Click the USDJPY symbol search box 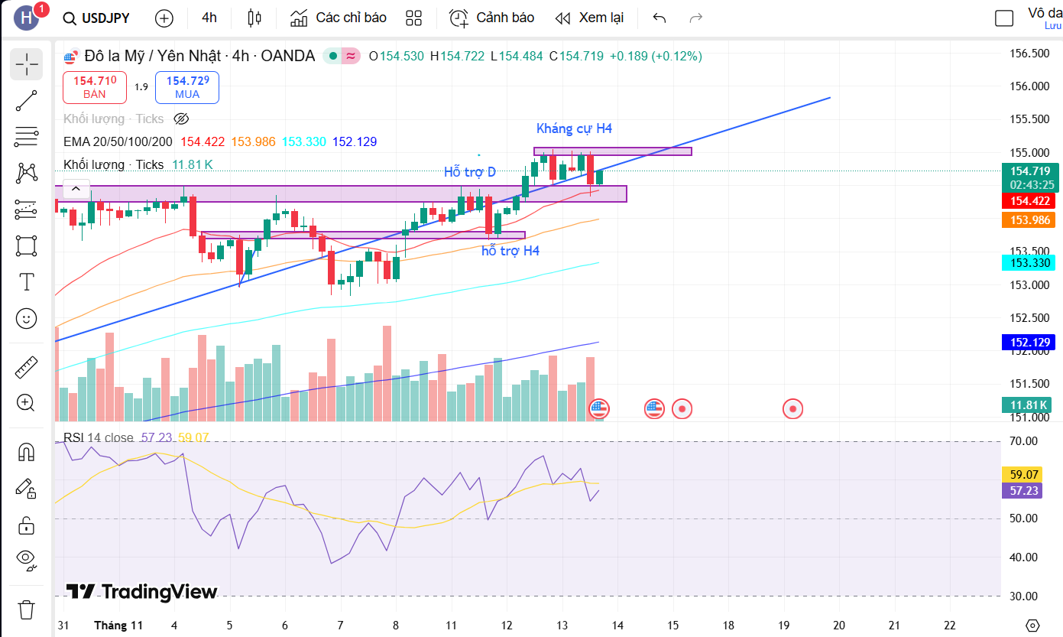pos(97,18)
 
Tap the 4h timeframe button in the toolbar pos(209,18)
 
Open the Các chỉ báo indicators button pos(339,18)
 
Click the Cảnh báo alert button pos(491,18)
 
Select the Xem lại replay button pos(589,18)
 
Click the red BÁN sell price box pos(95,87)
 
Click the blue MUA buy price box pos(187,87)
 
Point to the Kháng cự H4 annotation pos(574,128)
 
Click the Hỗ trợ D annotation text pos(470,172)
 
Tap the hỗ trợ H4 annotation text pos(510,251)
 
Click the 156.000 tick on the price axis pos(1029,86)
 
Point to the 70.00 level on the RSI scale pos(1025,441)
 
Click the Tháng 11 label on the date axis pos(118,625)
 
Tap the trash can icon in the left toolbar pos(27,609)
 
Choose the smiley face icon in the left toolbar pos(27,318)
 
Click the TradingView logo pos(141,592)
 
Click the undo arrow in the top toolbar pos(660,18)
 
